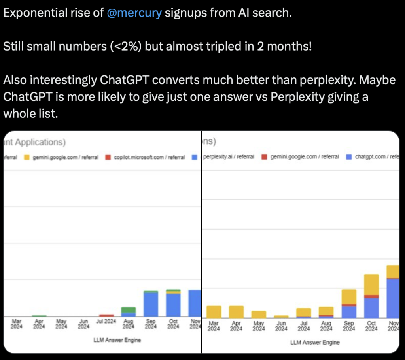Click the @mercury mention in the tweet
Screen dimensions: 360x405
134,13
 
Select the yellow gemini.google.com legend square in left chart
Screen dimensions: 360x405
27,157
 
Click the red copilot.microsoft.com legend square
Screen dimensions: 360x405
108,157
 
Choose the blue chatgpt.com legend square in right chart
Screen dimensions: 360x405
348,157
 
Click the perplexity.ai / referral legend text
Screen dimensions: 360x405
229,157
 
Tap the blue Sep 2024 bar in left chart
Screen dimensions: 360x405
151,304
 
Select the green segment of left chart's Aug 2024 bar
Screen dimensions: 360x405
128,310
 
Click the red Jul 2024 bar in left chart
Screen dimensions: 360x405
106,315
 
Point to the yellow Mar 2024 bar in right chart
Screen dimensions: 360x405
214,312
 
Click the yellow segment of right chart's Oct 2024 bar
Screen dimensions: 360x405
371,284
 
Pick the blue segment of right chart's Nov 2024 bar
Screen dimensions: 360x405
392,298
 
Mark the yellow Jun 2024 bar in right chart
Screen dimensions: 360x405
281,317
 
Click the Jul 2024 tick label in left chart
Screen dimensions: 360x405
106,322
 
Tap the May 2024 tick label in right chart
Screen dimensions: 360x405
259,326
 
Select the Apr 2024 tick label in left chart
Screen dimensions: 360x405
39,324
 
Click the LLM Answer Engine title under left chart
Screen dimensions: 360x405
117,340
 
